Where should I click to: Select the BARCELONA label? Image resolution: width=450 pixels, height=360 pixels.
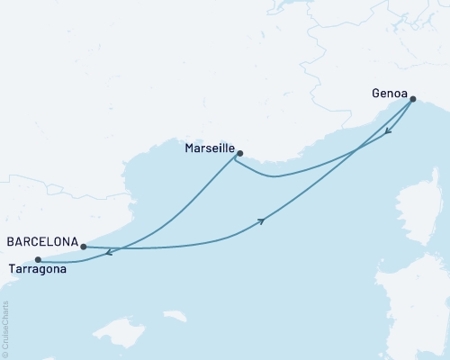point(40,242)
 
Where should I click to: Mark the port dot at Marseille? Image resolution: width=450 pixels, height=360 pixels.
point(239,153)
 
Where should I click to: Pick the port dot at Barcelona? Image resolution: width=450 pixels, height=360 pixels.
point(83,246)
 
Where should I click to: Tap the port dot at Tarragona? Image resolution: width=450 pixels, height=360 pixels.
point(37,261)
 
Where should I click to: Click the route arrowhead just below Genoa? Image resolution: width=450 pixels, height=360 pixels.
point(388,132)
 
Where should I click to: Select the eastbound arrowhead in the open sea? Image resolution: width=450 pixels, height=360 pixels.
point(262,220)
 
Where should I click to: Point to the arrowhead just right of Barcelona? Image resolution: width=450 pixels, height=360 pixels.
point(108,253)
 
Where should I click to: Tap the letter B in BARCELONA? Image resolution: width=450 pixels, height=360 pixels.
point(10,242)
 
